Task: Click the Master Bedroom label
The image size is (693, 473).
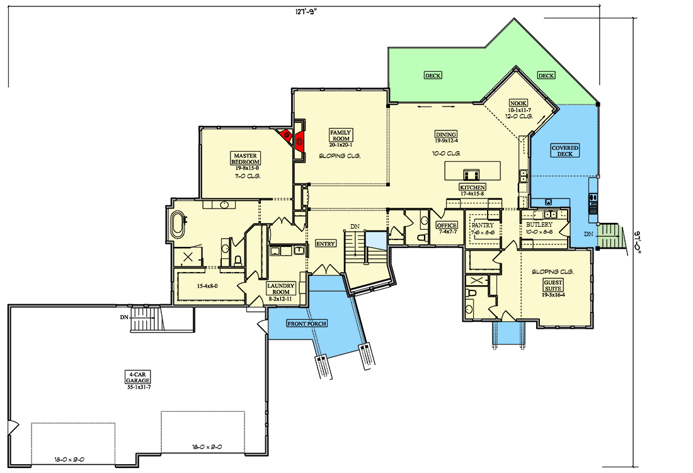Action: [x=245, y=159]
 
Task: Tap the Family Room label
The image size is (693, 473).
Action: [x=340, y=135]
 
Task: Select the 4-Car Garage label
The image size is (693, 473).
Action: [x=137, y=377]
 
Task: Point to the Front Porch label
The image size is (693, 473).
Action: [x=307, y=324]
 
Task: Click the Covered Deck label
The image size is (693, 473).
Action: [x=565, y=151]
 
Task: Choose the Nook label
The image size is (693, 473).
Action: [x=518, y=103]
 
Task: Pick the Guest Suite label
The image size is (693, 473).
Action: [x=553, y=285]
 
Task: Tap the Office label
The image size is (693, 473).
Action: [x=447, y=225]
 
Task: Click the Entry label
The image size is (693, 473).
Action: [x=326, y=243]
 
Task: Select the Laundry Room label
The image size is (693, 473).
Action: [x=280, y=289]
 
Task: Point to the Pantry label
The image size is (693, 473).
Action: [x=482, y=225]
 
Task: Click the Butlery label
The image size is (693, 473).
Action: [x=539, y=224]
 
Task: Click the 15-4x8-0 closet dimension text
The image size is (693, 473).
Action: [x=207, y=286]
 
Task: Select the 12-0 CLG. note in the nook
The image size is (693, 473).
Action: [x=519, y=117]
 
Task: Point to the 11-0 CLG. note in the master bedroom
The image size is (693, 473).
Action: [x=248, y=176]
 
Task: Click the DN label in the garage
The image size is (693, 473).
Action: [x=124, y=317]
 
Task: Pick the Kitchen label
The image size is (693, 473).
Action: [x=472, y=187]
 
